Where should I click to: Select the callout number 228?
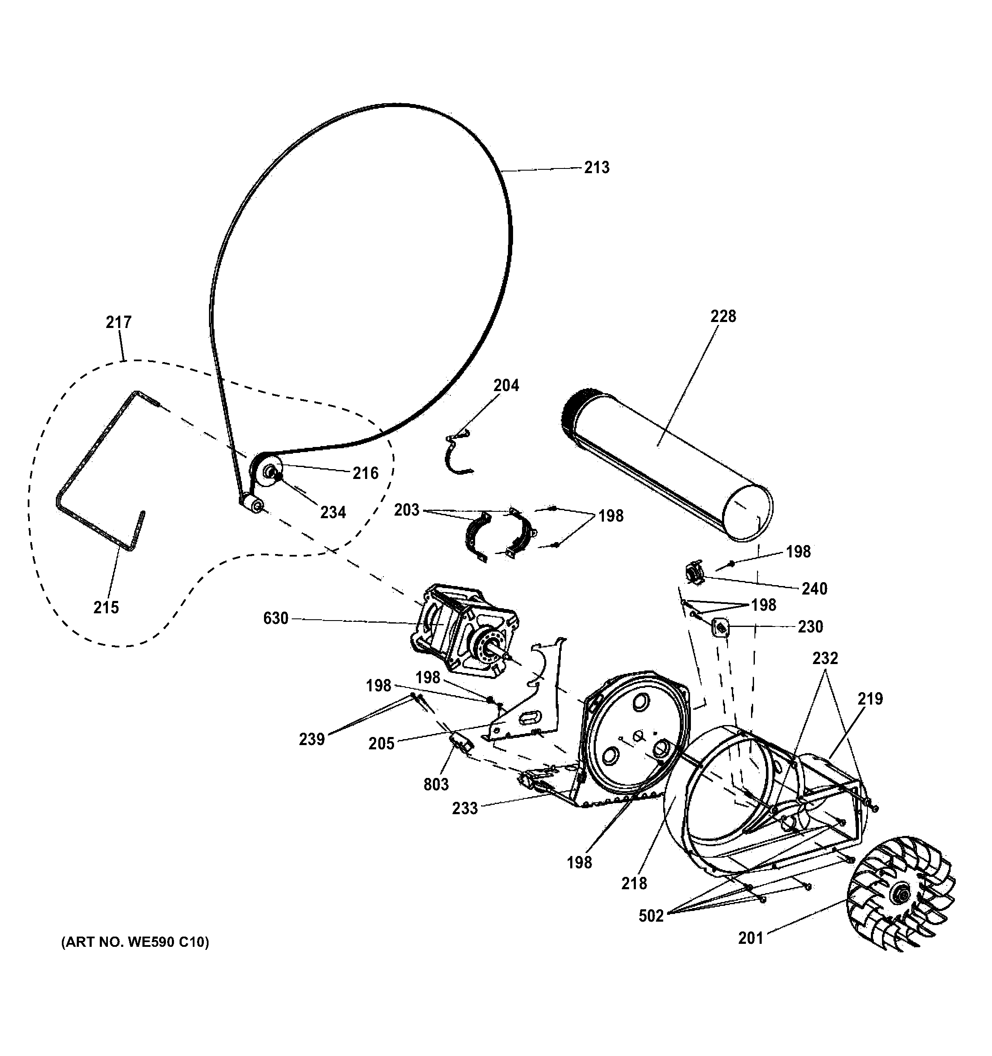tap(723, 316)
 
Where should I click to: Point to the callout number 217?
tap(119, 322)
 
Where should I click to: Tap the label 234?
tap(333, 512)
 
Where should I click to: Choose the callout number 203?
tap(406, 510)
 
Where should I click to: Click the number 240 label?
tap(814, 589)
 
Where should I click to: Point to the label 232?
tap(825, 658)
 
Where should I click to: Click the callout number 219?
tap(870, 699)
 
